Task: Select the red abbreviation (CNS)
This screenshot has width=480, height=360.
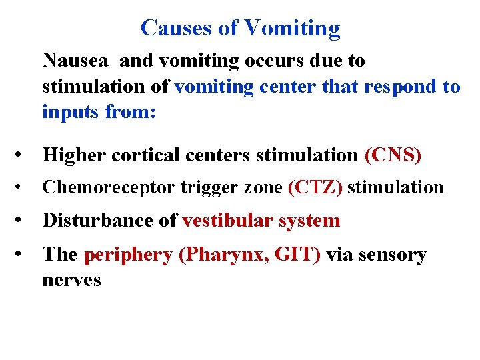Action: click(x=393, y=155)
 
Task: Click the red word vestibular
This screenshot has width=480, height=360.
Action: click(x=229, y=221)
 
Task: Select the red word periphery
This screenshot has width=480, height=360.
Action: click(x=128, y=255)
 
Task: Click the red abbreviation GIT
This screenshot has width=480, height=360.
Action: click(x=293, y=254)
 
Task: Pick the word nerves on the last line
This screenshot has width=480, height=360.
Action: click(x=71, y=279)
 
